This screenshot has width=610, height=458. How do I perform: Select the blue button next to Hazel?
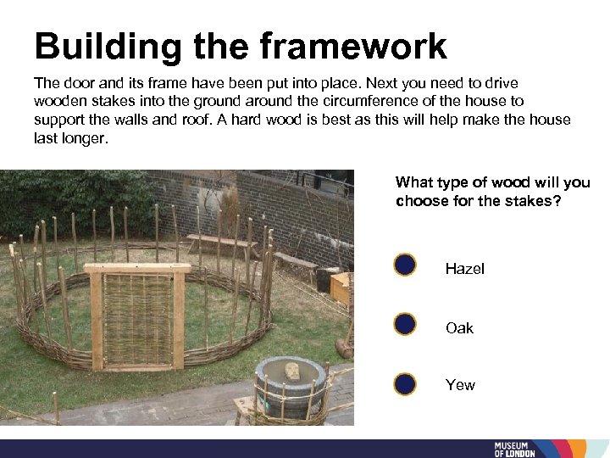[405, 265]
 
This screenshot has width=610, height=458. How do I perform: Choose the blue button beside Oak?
[405, 324]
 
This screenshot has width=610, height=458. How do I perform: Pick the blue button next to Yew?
[405, 383]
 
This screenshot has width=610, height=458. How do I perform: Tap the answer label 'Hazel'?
[464, 269]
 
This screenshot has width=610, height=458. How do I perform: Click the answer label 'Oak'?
[459, 328]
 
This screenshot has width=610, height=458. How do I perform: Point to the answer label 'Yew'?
[460, 385]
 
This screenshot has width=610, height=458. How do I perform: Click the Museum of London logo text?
[516, 450]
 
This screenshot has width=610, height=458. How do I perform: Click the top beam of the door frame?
[137, 269]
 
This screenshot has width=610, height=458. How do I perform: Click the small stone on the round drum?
[292, 371]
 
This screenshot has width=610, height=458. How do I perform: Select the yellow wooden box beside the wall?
[340, 288]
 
